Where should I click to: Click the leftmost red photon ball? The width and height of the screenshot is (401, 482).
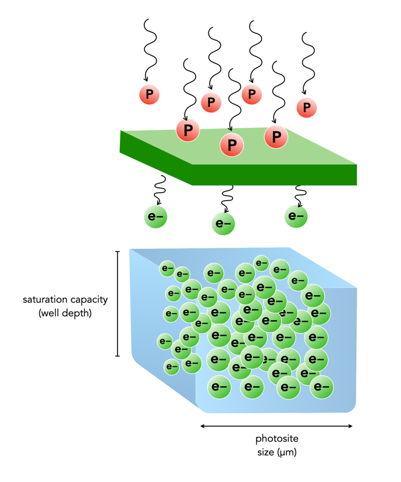point(149,94)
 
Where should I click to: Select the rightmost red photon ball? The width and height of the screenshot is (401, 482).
point(307,107)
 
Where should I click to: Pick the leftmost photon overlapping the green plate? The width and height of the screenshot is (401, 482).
point(188,130)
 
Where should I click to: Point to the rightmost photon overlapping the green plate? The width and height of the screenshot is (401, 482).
point(276,137)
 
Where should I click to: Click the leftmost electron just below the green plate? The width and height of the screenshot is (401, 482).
point(155,217)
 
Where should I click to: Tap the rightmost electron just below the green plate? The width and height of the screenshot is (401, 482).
point(296,216)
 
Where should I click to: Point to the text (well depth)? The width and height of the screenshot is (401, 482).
point(65,313)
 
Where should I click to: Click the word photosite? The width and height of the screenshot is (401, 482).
point(276,438)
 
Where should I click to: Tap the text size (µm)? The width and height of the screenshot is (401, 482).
point(276,451)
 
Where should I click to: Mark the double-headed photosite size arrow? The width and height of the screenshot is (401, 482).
point(276,426)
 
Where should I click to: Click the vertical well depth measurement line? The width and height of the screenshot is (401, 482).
point(118,303)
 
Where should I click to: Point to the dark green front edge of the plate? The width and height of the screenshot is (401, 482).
point(274,175)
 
